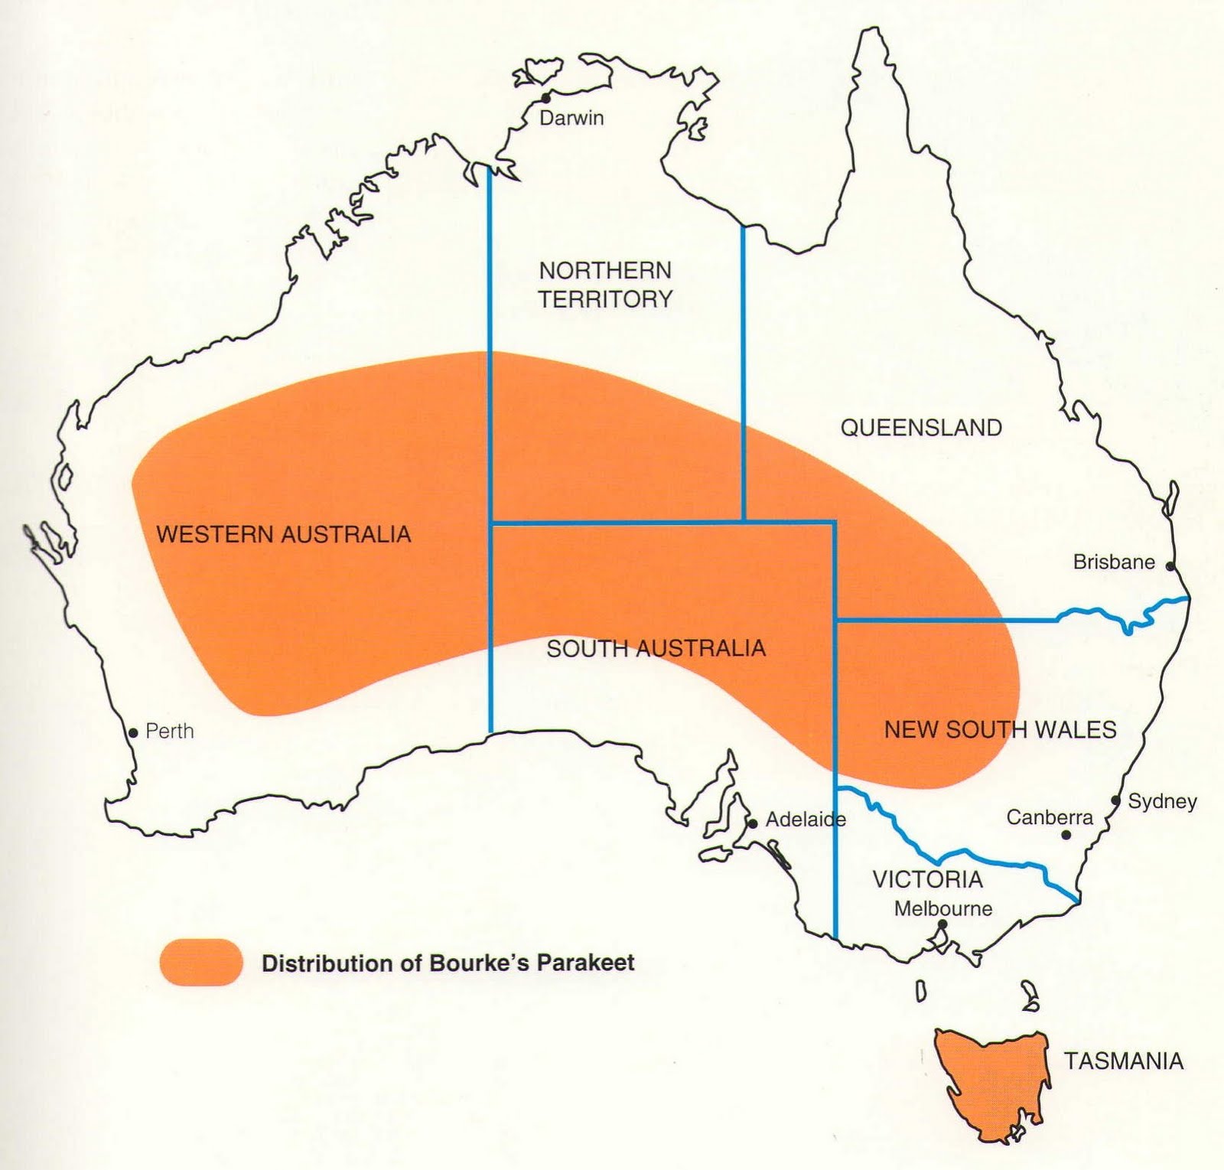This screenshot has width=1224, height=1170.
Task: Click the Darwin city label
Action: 571,118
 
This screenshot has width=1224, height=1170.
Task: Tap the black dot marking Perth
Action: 133,732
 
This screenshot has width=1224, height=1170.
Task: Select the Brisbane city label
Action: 1113,562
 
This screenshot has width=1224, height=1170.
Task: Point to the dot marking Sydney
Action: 1115,801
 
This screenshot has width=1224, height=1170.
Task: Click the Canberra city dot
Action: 1066,835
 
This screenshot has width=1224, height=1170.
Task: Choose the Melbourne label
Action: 943,908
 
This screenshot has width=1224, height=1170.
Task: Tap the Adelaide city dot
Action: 753,823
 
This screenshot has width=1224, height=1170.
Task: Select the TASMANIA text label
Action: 1123,1061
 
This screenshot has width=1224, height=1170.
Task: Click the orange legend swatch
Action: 201,962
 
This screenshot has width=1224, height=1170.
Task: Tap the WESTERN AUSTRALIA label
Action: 284,533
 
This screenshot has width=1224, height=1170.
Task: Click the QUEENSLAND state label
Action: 921,427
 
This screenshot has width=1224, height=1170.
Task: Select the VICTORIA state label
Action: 927,878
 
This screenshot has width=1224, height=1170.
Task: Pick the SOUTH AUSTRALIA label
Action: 656,648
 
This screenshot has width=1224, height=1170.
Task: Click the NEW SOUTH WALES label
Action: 1000,729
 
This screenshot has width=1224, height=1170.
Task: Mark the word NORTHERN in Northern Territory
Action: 604,270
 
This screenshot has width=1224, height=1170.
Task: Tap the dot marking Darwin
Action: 545,98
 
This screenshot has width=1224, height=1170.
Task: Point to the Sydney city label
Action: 1162,801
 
